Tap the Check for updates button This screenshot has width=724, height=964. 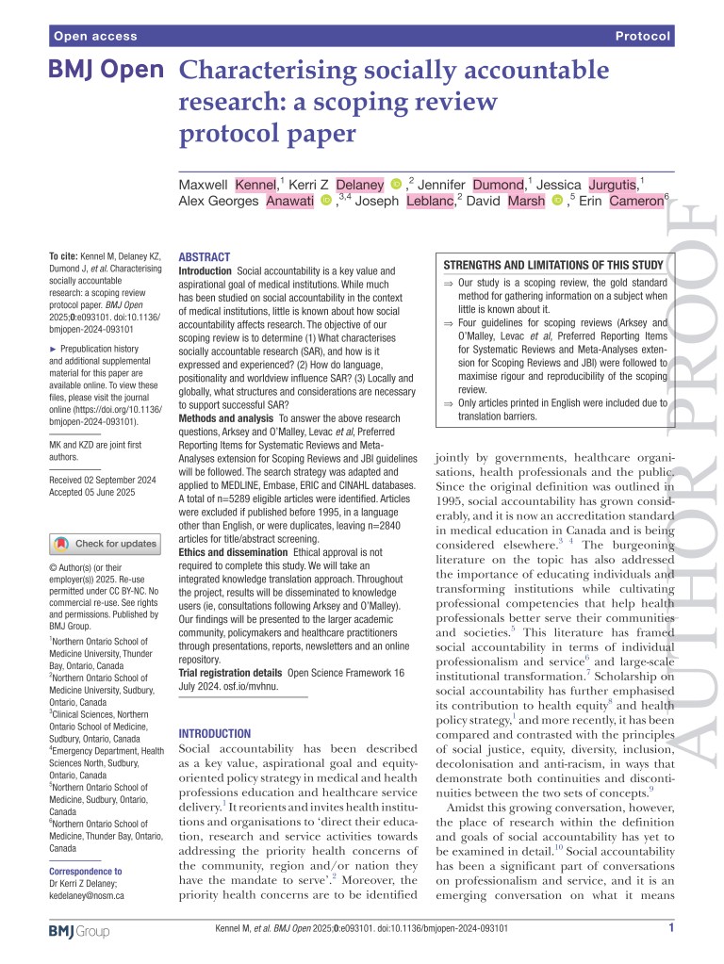(x=105, y=544)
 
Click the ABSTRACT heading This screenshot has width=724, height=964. (x=204, y=255)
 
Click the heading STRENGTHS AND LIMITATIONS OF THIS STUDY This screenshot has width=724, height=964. (x=553, y=264)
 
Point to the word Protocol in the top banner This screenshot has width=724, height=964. (x=643, y=37)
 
